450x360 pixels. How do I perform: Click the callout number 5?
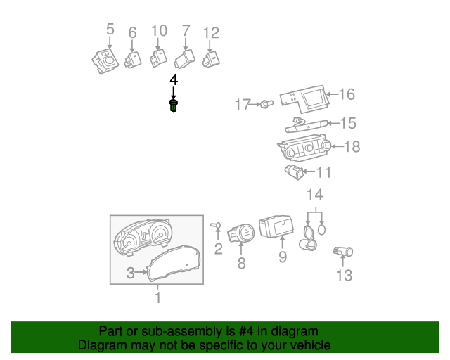tap(110, 29)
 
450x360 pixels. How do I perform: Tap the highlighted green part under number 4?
tap(174, 106)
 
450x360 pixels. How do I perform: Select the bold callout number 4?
tap(174, 81)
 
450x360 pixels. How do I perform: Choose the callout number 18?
tap(352, 146)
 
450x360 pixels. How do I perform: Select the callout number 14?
tap(314, 194)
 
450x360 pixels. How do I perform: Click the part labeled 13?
tap(345, 252)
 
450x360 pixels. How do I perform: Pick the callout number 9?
tap(282, 257)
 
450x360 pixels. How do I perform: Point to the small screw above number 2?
tap(215, 225)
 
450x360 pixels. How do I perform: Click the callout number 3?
tap(130, 274)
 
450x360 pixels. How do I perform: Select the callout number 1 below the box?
tap(157, 298)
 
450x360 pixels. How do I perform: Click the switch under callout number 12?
tap(211, 58)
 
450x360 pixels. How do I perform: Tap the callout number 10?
tap(159, 30)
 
